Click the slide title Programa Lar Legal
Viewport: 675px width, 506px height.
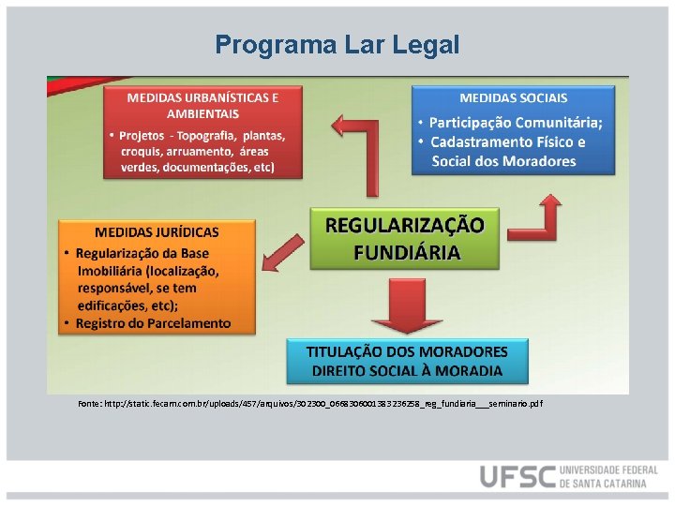337,44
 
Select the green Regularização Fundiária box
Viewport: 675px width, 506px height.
406,238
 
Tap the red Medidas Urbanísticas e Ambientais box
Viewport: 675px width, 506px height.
202,132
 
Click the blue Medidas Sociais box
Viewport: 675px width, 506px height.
513,129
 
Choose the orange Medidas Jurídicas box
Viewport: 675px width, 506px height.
157,276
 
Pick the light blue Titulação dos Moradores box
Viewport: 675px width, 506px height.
407,361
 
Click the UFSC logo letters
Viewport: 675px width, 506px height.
517,476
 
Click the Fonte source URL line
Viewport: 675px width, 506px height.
310,403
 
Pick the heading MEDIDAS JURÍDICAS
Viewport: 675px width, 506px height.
157,231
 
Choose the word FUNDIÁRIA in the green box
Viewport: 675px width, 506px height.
406,252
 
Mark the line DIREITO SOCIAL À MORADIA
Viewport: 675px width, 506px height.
407,370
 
